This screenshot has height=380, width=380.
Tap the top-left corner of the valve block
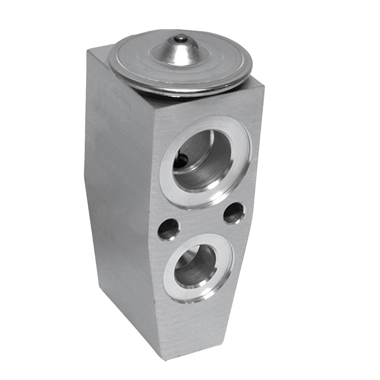pos(88,51)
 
